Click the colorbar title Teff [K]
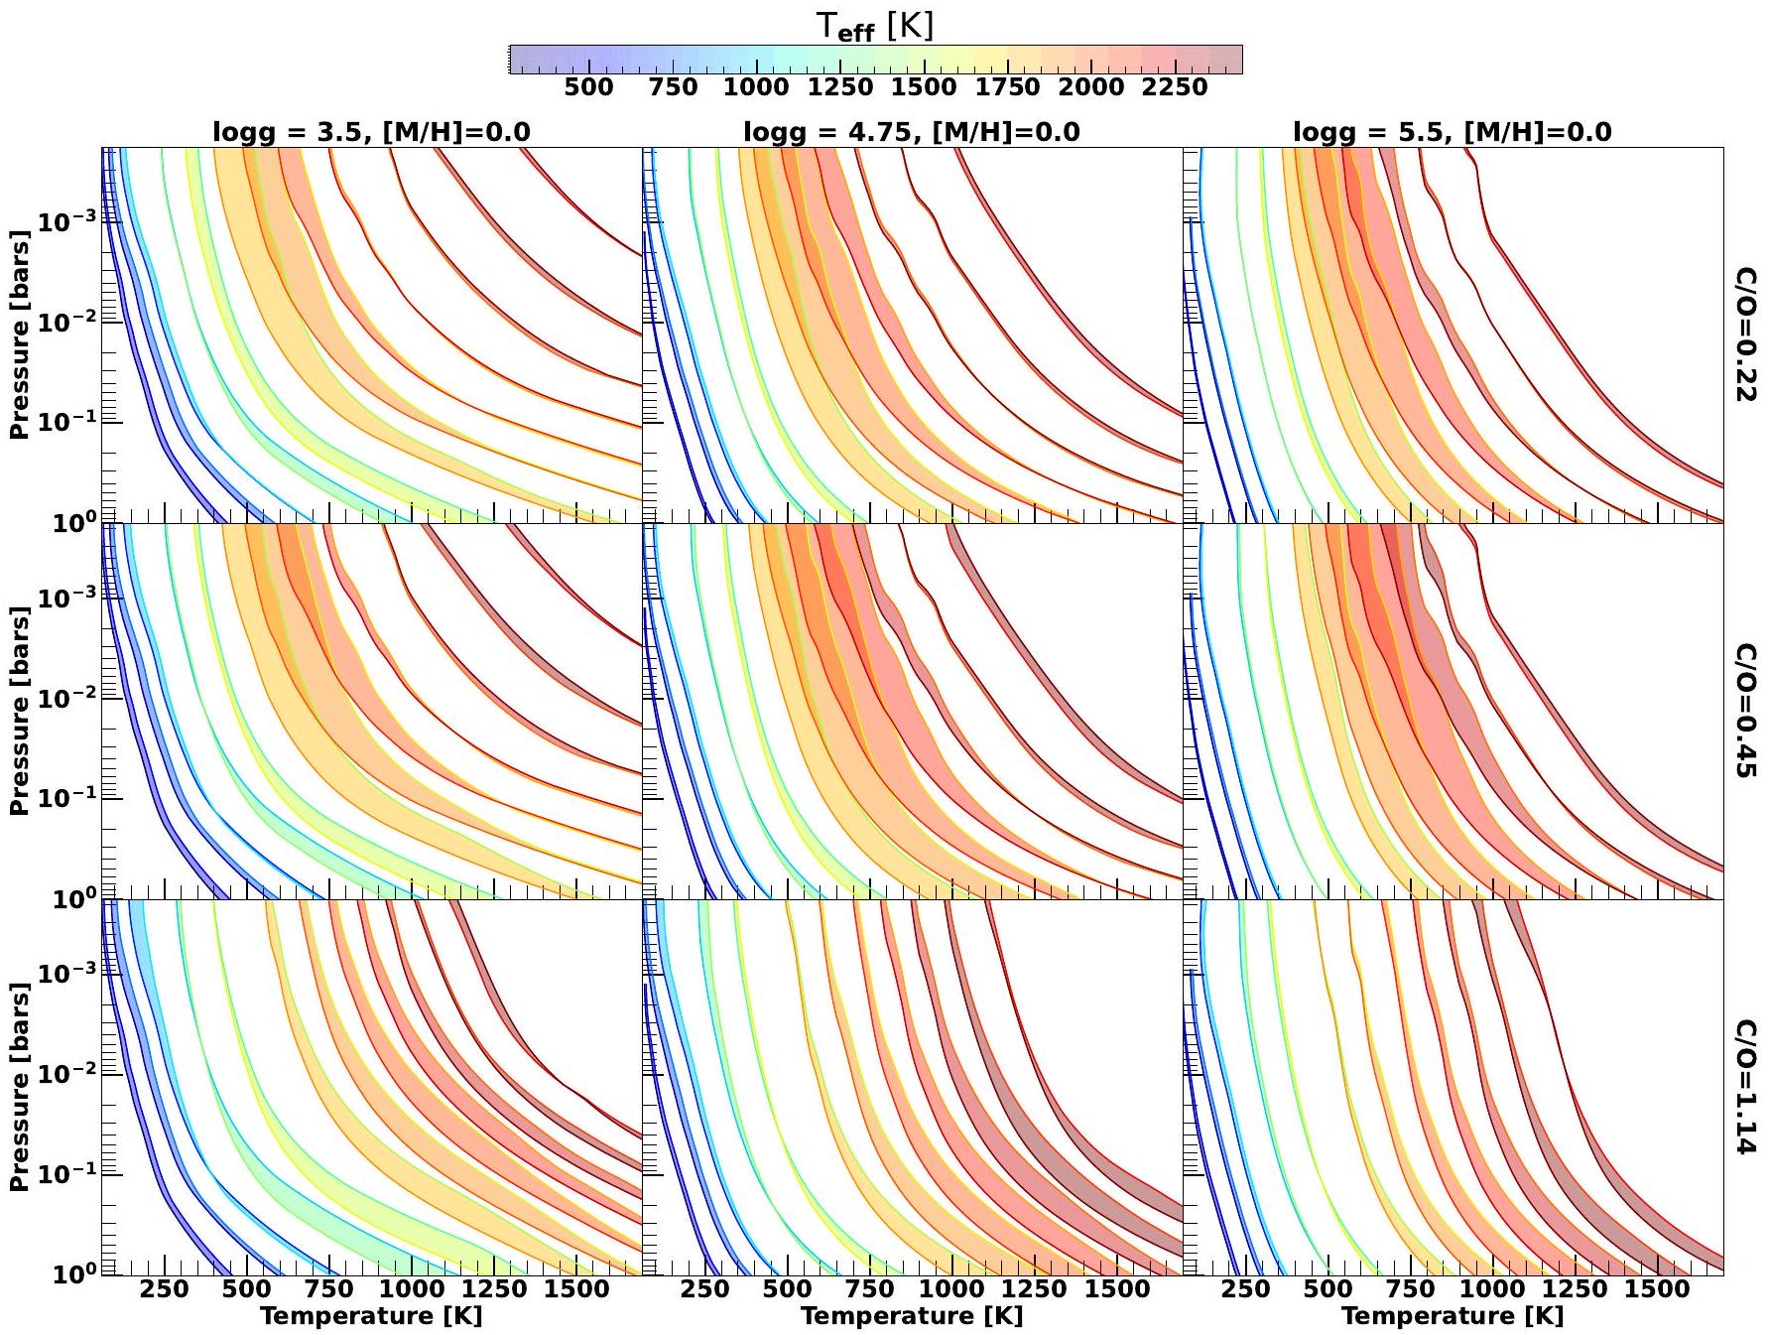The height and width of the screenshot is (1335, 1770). (874, 27)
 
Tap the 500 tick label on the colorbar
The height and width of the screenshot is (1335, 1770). (588, 87)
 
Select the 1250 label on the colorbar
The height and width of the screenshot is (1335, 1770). (839, 87)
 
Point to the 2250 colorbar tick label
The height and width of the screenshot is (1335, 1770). (1175, 87)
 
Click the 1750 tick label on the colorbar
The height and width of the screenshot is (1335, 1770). (1007, 87)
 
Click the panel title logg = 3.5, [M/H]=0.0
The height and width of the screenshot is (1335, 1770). (371, 132)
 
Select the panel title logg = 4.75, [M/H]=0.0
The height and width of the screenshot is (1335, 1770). (911, 132)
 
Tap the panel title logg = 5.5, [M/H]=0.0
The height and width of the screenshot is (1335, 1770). (1452, 132)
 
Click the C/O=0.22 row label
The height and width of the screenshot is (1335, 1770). (1745, 334)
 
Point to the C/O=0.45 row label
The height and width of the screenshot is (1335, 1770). (1745, 711)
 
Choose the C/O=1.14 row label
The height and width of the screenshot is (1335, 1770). (1745, 1087)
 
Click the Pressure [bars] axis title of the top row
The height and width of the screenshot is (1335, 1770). (19, 334)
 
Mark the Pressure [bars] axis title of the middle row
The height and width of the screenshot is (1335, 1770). (19, 711)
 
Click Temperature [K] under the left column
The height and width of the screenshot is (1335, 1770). (371, 1316)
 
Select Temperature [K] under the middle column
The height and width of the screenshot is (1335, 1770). (911, 1316)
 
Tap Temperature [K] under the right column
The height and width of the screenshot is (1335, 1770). (1452, 1316)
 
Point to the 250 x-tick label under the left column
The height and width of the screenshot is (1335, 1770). (165, 1289)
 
